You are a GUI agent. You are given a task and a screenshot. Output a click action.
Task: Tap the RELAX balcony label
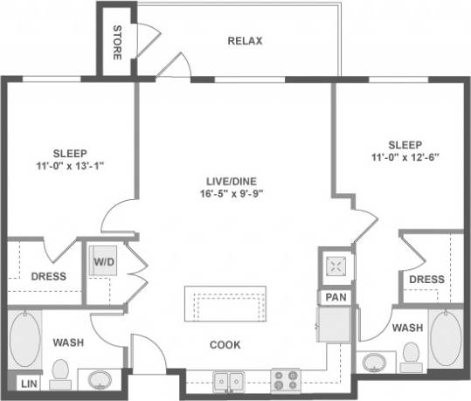(245, 41)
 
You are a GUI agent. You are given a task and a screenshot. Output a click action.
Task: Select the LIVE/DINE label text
(226, 181)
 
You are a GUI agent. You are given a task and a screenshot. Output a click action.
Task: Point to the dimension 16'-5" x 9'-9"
(226, 194)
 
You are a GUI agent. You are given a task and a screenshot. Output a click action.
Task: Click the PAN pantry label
(335, 297)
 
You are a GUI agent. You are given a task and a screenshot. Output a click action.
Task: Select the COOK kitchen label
(225, 344)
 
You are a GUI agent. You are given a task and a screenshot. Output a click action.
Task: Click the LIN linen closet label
(29, 384)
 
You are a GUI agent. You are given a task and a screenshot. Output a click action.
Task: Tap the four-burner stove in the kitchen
(286, 381)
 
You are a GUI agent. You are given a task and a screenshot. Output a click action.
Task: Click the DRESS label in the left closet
(49, 276)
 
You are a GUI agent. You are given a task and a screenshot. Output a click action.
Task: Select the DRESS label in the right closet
(426, 279)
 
